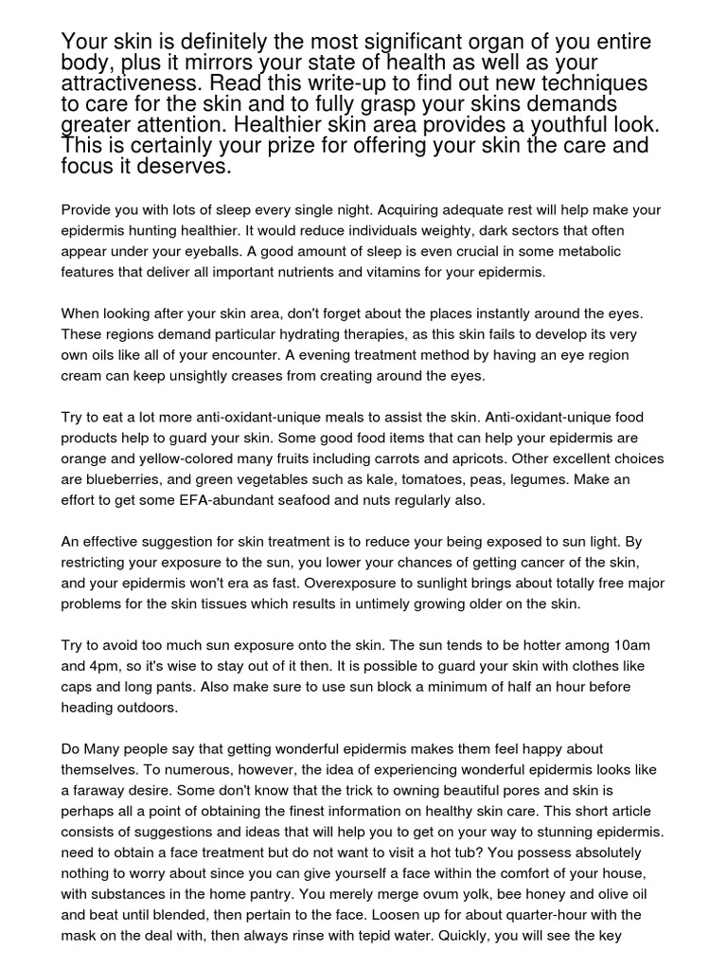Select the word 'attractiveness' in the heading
point(131,84)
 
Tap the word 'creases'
point(270,375)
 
